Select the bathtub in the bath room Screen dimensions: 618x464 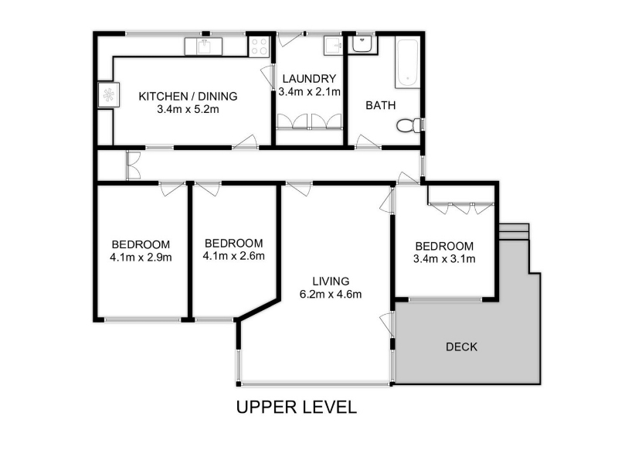click(x=407, y=63)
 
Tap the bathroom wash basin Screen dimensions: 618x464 click(x=362, y=43)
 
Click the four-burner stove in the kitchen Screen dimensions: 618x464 click(x=259, y=46)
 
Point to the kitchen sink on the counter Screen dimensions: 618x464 click(x=203, y=46)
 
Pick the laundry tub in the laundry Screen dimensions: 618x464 click(x=333, y=46)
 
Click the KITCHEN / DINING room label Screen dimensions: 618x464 click(x=188, y=96)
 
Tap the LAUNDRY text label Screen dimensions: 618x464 click(x=309, y=79)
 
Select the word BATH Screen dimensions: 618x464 click(x=380, y=105)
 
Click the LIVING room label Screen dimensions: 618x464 click(x=331, y=281)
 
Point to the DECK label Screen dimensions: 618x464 click(x=461, y=346)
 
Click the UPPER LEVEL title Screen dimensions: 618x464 click(x=297, y=408)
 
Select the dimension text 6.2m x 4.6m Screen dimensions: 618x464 click(x=331, y=295)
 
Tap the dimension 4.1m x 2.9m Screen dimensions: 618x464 click(x=141, y=258)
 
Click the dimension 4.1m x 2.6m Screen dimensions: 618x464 click(x=234, y=256)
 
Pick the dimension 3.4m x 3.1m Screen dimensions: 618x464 click(x=444, y=259)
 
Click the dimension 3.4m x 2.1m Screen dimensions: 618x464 click(x=310, y=92)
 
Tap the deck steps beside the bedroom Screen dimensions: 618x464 click(x=514, y=231)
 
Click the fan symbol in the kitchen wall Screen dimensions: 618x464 click(x=108, y=94)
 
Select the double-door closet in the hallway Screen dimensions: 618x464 click(x=133, y=165)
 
